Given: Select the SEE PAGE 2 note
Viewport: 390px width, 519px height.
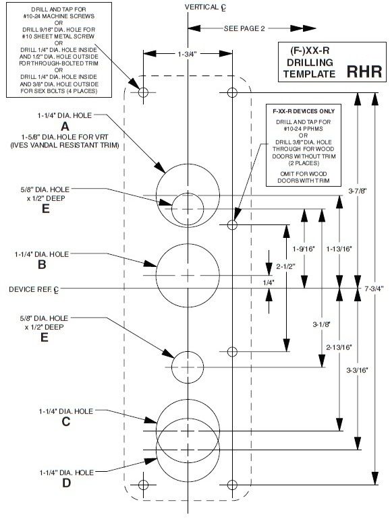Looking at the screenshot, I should point(244,28).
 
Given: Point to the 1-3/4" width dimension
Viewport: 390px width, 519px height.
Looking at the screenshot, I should point(187,53).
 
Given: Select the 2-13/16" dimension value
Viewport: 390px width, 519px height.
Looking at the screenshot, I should point(335,348).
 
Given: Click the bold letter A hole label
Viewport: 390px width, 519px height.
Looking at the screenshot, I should point(65,125).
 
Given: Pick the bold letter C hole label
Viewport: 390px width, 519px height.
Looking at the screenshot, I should point(65,422).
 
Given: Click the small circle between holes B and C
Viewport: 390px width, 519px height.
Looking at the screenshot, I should point(187,367).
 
